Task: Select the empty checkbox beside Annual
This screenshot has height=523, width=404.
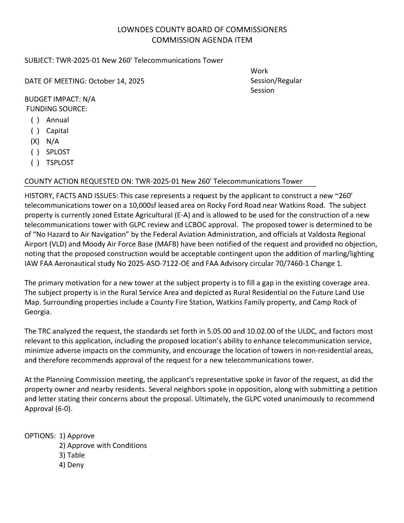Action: click(35, 120)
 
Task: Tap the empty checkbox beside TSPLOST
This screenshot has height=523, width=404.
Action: click(35, 163)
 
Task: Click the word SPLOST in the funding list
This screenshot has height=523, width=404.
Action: click(58, 152)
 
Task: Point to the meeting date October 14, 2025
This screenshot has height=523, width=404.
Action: click(116, 81)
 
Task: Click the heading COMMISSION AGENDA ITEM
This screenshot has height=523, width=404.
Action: click(202, 40)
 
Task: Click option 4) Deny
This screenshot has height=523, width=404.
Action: click(71, 465)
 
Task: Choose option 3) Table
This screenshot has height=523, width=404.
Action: click(72, 455)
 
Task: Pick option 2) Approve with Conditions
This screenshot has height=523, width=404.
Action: click(103, 446)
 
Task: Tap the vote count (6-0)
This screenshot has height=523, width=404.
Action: click(65, 409)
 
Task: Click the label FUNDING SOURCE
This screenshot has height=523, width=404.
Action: click(56, 109)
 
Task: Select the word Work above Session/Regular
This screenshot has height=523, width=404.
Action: click(259, 71)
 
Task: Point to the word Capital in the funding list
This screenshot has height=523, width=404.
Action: click(57, 131)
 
